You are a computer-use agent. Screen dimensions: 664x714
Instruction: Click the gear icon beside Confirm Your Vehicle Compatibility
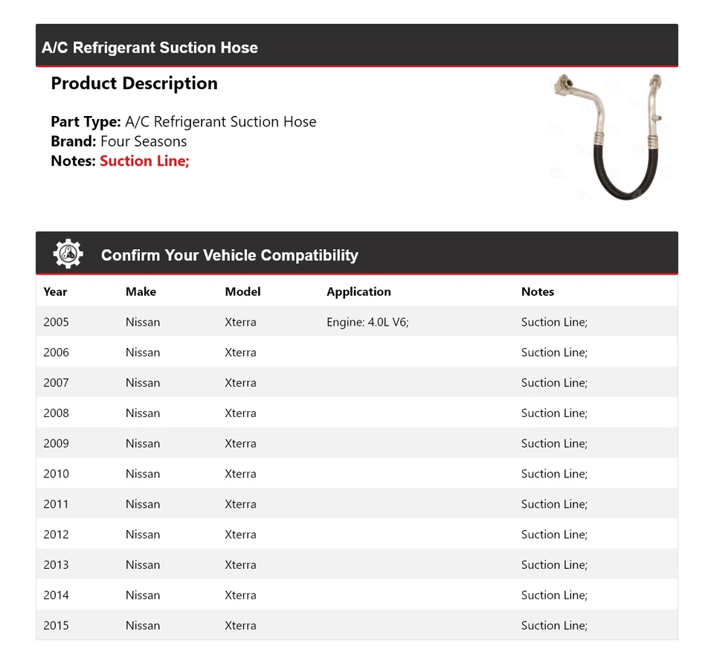click(x=68, y=254)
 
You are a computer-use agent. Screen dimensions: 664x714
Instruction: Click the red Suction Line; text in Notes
click(x=144, y=161)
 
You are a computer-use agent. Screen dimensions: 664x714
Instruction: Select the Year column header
click(x=55, y=291)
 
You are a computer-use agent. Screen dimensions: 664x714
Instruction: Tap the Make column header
click(x=141, y=291)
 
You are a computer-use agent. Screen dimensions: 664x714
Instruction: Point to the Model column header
click(x=242, y=291)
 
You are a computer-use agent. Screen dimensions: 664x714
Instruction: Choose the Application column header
click(x=358, y=291)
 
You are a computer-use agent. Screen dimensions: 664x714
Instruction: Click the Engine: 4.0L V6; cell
click(x=367, y=322)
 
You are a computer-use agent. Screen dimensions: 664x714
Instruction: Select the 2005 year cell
click(x=56, y=322)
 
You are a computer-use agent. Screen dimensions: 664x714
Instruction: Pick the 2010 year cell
click(x=56, y=474)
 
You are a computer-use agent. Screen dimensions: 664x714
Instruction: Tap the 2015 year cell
click(x=56, y=625)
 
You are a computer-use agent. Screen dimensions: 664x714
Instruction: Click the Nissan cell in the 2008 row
click(x=143, y=413)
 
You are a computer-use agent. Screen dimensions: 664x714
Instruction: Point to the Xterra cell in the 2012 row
click(x=240, y=534)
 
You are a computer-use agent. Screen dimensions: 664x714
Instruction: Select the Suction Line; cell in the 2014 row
click(x=554, y=595)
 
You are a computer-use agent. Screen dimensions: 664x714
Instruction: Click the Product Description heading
click(x=134, y=83)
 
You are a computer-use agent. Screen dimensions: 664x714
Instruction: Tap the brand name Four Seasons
click(x=144, y=141)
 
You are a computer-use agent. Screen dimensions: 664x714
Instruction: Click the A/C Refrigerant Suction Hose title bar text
click(x=149, y=48)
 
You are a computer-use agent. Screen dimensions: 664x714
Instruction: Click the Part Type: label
click(x=86, y=122)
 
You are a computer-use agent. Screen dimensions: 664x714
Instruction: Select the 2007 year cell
click(x=56, y=382)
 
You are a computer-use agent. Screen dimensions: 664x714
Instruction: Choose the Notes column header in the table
click(x=538, y=291)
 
